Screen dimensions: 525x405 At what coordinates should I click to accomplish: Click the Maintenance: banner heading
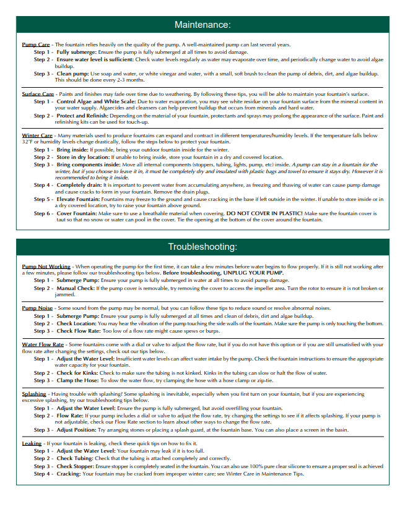click(x=202, y=25)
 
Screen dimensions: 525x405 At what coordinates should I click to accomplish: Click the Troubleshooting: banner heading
click(x=202, y=247)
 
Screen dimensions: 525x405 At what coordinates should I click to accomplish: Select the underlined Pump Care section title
click(x=35, y=45)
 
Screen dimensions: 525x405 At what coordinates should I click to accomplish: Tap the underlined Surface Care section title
click(x=37, y=93)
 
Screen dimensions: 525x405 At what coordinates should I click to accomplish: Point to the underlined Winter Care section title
click(x=37, y=135)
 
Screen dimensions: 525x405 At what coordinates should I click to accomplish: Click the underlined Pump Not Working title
click(x=46, y=266)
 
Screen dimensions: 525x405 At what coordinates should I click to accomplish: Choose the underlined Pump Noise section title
click(x=37, y=307)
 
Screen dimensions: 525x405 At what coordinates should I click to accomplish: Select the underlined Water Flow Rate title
click(x=43, y=344)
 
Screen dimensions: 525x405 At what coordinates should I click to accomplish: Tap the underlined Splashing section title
click(x=34, y=393)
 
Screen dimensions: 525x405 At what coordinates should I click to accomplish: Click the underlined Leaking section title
click(x=32, y=443)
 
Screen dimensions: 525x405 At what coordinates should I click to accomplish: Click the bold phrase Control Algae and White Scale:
click(x=96, y=101)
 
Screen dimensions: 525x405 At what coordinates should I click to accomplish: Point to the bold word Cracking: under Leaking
click(x=68, y=474)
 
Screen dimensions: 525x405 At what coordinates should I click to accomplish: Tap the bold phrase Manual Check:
click(x=75, y=288)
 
